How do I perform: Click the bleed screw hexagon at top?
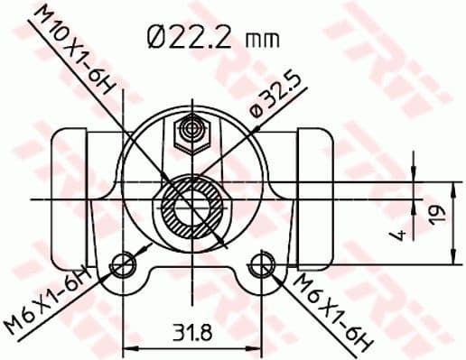coord(191,134)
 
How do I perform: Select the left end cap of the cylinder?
coord(72,194)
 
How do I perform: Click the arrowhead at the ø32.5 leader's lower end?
coord(222,242)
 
